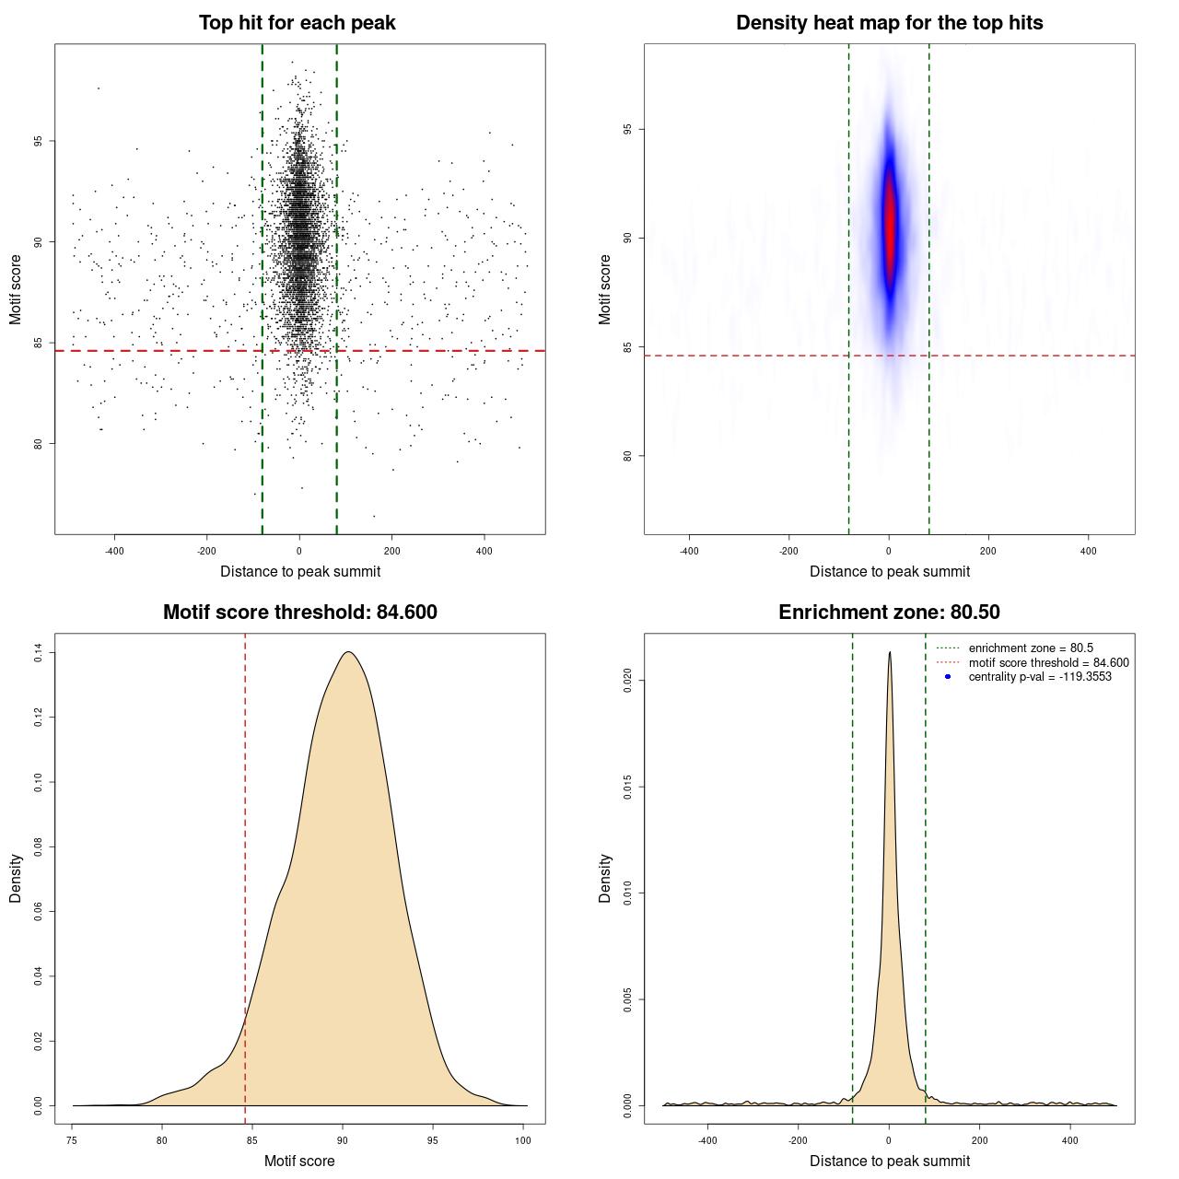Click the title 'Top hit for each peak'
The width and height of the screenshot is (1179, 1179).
click(x=297, y=23)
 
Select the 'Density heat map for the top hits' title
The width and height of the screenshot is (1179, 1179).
click(x=889, y=23)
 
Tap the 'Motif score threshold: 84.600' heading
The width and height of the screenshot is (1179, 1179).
click(x=299, y=613)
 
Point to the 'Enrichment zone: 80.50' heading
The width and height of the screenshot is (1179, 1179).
click(x=889, y=613)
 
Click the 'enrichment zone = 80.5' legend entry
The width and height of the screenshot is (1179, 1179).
click(x=1030, y=648)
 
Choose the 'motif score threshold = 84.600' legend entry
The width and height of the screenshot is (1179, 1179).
click(x=1048, y=662)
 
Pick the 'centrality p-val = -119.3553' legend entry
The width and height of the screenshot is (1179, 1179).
click(x=1039, y=677)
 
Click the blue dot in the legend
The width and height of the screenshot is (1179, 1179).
click(x=948, y=677)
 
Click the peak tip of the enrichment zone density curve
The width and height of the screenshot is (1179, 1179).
click(x=890, y=652)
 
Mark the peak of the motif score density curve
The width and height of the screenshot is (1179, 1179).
click(x=348, y=652)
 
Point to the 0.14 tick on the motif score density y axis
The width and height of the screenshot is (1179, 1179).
click(x=39, y=653)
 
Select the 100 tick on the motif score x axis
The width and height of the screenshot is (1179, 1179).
click(x=523, y=1140)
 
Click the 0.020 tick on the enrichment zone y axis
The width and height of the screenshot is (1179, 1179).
click(x=628, y=681)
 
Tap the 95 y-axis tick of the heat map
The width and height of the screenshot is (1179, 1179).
click(x=628, y=130)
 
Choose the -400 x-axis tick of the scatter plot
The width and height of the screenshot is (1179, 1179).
click(x=114, y=551)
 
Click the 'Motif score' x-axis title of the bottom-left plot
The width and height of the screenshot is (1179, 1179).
click(x=299, y=1161)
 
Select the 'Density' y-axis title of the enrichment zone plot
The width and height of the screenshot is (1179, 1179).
click(x=605, y=878)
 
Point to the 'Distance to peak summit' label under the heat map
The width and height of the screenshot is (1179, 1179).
click(x=890, y=571)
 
